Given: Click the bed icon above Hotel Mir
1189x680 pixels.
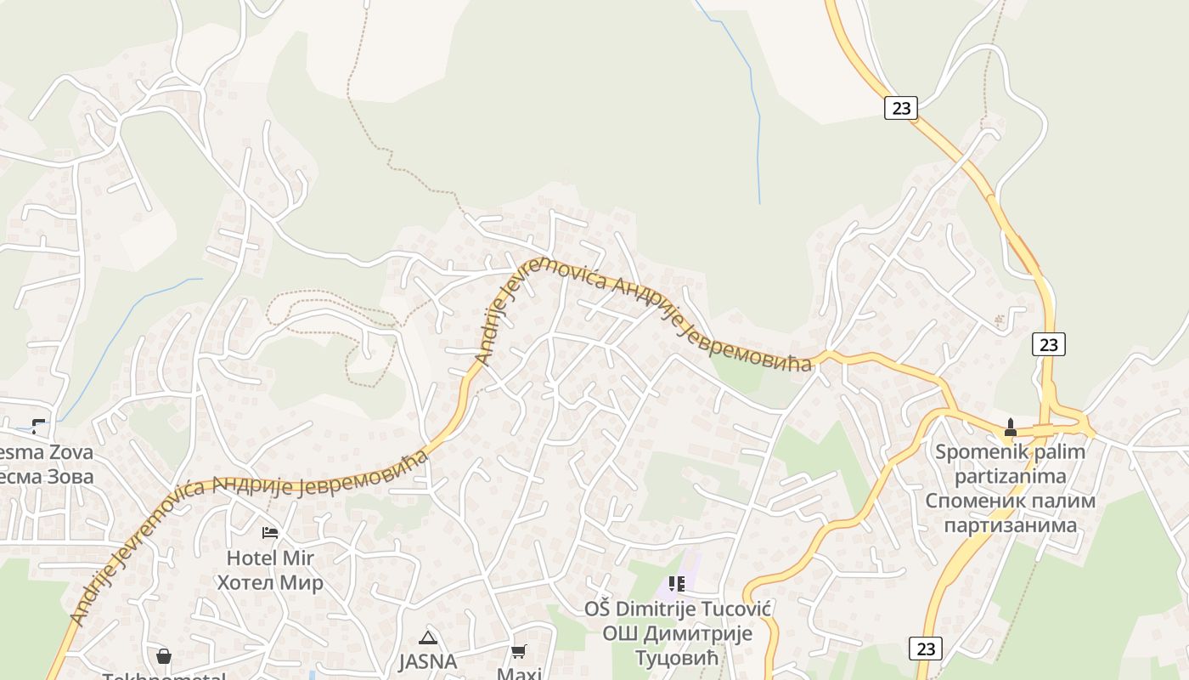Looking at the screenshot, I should [x=270, y=533].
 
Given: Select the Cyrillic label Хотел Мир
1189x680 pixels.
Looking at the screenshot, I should [x=270, y=583].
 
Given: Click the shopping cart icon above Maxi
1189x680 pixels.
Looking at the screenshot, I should [x=518, y=651].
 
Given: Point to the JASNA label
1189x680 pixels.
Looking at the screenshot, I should [x=428, y=661].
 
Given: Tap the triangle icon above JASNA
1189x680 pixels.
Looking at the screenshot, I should [x=427, y=637].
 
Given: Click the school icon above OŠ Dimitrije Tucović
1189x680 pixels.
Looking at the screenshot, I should [x=676, y=583].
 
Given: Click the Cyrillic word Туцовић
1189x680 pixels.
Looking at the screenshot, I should [x=678, y=658].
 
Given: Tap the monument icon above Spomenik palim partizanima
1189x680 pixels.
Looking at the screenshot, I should [x=1010, y=427].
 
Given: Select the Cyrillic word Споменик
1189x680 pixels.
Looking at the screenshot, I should [x=977, y=501].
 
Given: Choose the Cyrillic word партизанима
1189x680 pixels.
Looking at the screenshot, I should [x=1010, y=525].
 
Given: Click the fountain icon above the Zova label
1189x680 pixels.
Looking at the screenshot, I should [x=38, y=426].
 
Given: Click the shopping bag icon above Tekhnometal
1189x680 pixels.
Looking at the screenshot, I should [x=164, y=656].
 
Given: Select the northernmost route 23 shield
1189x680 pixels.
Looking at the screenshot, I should [x=900, y=108].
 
